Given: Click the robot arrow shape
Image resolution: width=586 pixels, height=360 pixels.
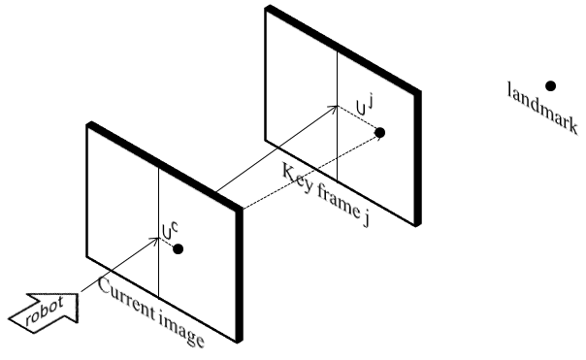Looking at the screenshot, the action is pyautogui.click(x=44, y=309).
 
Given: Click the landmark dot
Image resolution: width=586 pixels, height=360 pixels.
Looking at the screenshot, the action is pyautogui.click(x=550, y=86).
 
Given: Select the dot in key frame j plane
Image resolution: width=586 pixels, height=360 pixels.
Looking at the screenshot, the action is pyautogui.click(x=379, y=132).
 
